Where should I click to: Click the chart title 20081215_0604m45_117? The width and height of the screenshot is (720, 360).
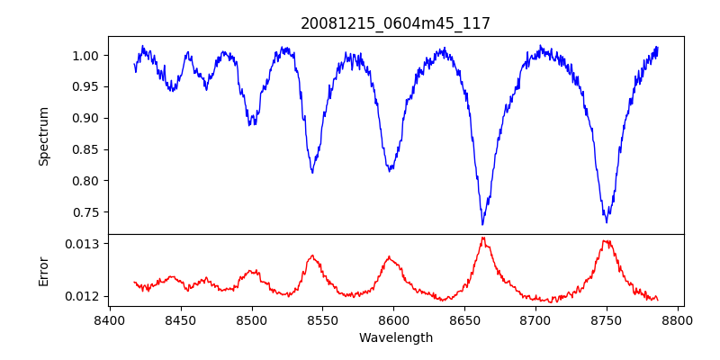[x=395, y=23]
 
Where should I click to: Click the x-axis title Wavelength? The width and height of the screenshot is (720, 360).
[x=395, y=338]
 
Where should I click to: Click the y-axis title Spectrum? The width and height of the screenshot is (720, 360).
[x=43, y=136]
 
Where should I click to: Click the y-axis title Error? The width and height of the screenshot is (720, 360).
[x=43, y=270]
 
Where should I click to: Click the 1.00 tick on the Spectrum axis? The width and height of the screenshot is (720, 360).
[x=86, y=56]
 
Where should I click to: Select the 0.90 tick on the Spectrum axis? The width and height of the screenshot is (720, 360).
[x=86, y=118]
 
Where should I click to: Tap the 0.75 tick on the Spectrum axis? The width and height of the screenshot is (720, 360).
[x=86, y=212]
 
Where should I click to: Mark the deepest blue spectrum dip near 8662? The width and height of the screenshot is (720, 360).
[x=482, y=224]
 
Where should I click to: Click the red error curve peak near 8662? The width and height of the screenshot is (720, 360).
[x=483, y=238]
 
